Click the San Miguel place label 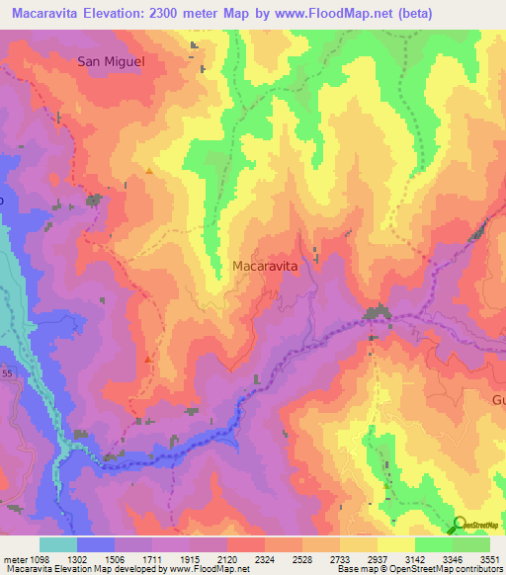(x=112, y=61)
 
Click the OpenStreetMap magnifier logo (x=460, y=525)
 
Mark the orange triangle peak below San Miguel (x=148, y=171)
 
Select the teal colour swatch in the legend (x=57, y=544)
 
